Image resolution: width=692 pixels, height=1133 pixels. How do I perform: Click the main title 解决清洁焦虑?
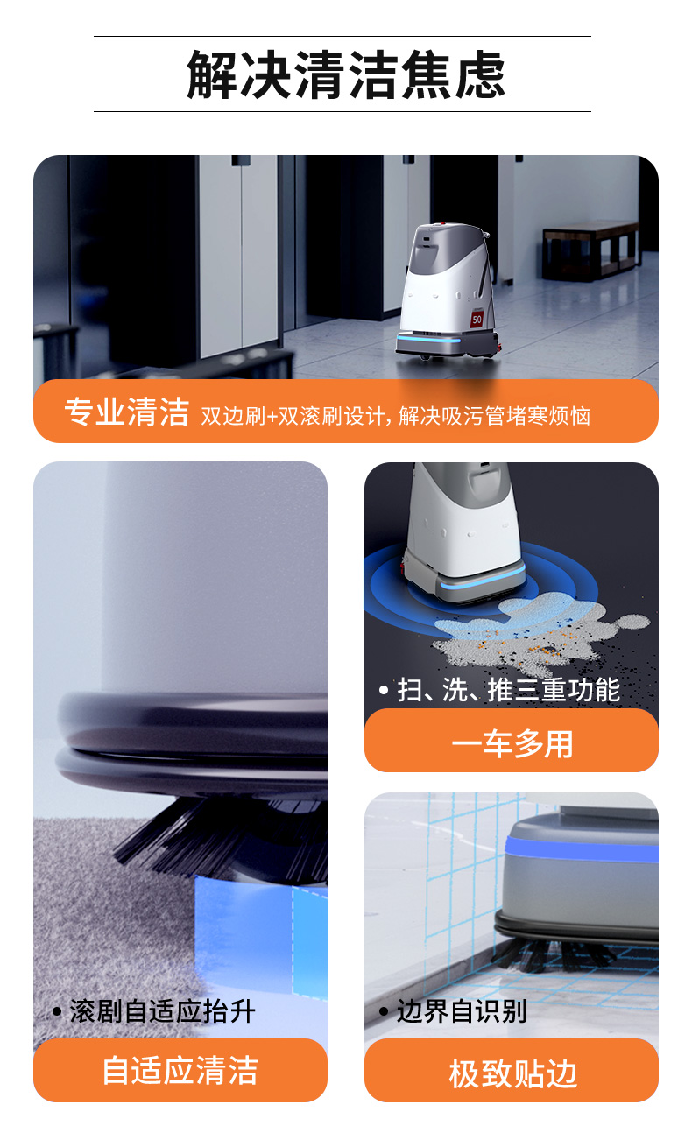tap(346, 74)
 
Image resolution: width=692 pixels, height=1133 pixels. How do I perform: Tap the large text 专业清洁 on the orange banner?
tap(126, 412)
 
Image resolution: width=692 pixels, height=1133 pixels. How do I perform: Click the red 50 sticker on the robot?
tap(477, 319)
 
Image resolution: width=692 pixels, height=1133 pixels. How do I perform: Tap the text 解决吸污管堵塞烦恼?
tap(494, 416)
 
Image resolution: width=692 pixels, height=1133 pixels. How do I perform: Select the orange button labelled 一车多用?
tap(512, 741)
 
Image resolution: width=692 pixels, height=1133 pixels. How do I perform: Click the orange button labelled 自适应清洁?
tap(180, 1071)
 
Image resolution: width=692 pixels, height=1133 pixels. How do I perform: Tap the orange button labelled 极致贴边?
tap(512, 1071)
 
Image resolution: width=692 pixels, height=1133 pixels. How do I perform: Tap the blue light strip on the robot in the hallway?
tap(429, 337)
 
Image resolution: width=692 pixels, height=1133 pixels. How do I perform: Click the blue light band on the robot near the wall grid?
tap(582, 849)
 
